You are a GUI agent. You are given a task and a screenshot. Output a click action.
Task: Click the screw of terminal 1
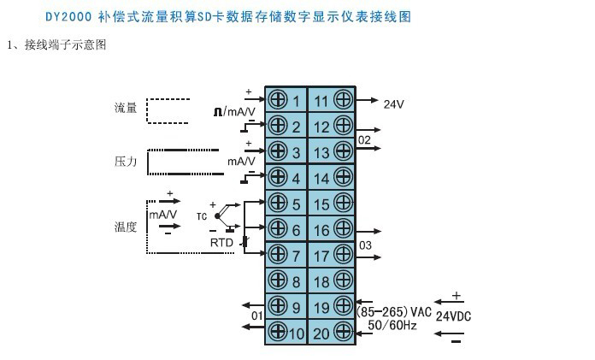pyautogui.click(x=277, y=101)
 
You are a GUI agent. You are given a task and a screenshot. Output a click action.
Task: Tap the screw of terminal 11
pyautogui.click(x=343, y=101)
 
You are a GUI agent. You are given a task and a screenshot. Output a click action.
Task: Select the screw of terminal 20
pyautogui.click(x=343, y=333)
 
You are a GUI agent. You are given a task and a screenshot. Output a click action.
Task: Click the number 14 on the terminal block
pyautogui.click(x=321, y=179)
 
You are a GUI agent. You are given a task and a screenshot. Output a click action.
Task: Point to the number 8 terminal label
pyautogui.click(x=296, y=281)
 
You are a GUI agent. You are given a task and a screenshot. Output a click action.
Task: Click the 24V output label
pyautogui.click(x=392, y=104)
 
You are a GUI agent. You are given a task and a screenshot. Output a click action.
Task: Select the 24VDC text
pyautogui.click(x=453, y=316)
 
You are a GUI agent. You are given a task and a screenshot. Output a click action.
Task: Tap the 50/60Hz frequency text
pyautogui.click(x=393, y=326)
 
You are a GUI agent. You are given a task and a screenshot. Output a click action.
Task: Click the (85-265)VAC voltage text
pyautogui.click(x=394, y=311)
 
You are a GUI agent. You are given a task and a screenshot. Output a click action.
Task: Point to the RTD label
pyautogui.click(x=221, y=243)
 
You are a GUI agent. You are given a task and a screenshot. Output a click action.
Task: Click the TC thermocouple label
pyautogui.click(x=202, y=216)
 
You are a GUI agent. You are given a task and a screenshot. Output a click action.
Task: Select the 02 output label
pyautogui.click(x=364, y=139)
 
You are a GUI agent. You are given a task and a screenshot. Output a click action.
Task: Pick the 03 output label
pyautogui.click(x=364, y=245)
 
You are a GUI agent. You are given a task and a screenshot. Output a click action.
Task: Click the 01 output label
pyautogui.click(x=256, y=316)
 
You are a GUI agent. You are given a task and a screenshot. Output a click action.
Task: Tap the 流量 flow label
pyautogui.click(x=126, y=109)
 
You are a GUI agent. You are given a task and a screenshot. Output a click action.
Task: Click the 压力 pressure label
pyautogui.click(x=126, y=161)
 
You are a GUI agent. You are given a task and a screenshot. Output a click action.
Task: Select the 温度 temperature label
pyautogui.click(x=126, y=227)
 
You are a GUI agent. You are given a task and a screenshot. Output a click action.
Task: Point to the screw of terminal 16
pyautogui.click(x=343, y=229)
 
